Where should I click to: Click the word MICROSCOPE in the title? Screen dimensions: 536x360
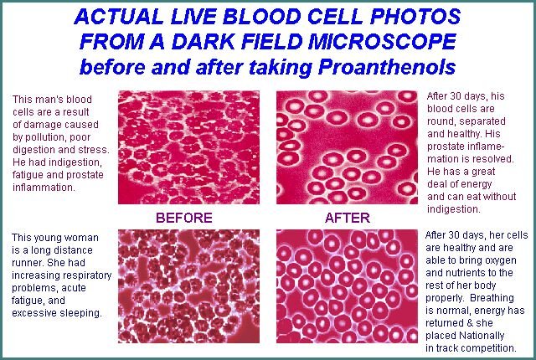pyautogui.click(x=382, y=42)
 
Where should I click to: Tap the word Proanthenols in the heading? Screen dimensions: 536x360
pyautogui.click(x=387, y=67)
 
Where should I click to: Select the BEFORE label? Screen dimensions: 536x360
pyautogui.click(x=184, y=218)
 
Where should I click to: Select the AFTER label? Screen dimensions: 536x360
pyautogui.click(x=348, y=218)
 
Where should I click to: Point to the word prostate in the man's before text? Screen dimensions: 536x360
pyautogui.click(x=85, y=174)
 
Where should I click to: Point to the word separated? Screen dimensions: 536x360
pyautogui.click(x=482, y=121)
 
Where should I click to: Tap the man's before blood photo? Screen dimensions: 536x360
pyautogui.click(x=188, y=147)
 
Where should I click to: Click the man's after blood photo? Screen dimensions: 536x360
pyautogui.click(x=347, y=147)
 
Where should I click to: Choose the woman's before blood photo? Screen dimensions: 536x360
pyautogui.click(x=188, y=286)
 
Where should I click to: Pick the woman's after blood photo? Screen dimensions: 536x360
pyautogui.click(x=347, y=286)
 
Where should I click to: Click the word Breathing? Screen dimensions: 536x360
pyautogui.click(x=492, y=298)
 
